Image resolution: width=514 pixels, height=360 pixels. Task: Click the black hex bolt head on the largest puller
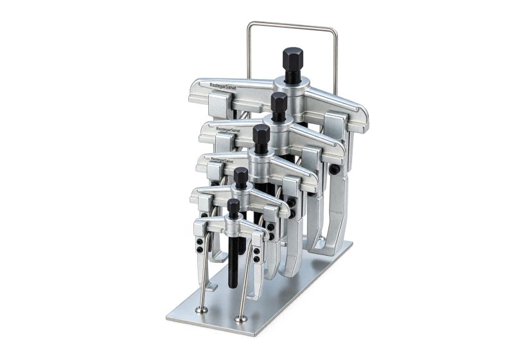292,58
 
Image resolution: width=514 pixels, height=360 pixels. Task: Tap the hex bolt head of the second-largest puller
279,102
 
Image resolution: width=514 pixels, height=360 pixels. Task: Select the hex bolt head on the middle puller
261,134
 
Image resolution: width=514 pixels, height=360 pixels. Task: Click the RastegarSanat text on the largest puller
223,86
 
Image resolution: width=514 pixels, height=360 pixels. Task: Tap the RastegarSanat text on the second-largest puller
229,130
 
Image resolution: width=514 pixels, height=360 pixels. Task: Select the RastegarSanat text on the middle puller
222,160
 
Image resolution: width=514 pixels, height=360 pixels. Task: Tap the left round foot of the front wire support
201,310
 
